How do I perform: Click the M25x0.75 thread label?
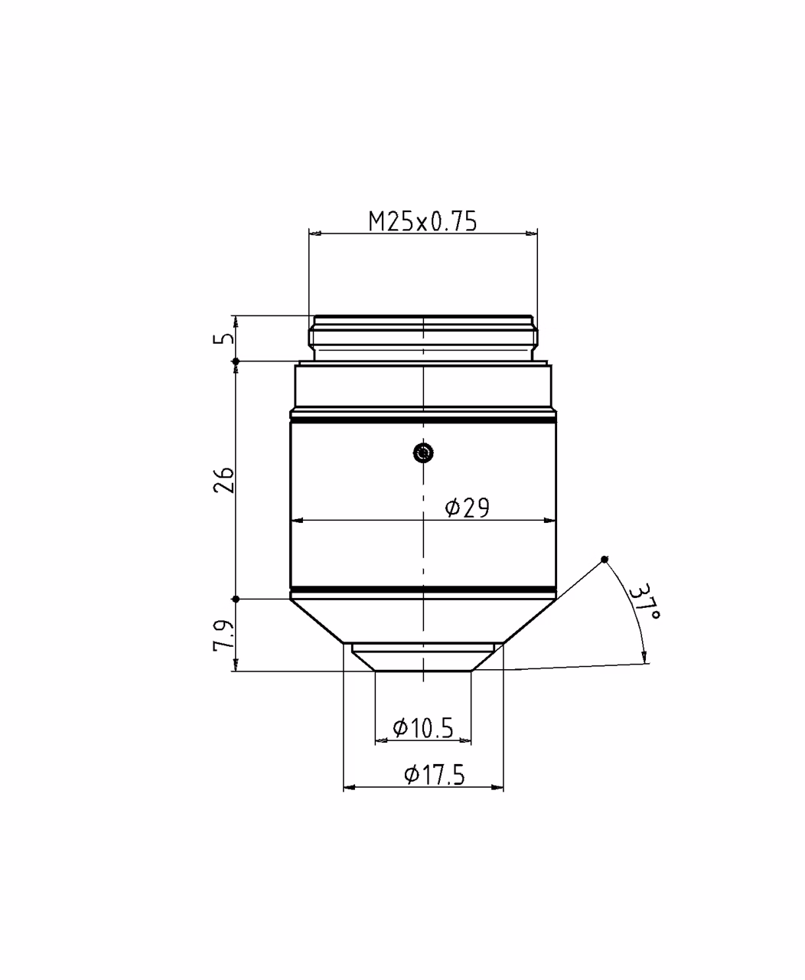click(422, 221)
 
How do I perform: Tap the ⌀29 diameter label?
click(467, 508)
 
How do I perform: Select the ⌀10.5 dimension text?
click(422, 727)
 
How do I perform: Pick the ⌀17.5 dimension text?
click(435, 775)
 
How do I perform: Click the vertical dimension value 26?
click(224, 480)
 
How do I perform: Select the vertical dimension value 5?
click(224, 338)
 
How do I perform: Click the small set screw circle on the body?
click(423, 452)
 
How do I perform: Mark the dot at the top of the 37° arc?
click(604, 559)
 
